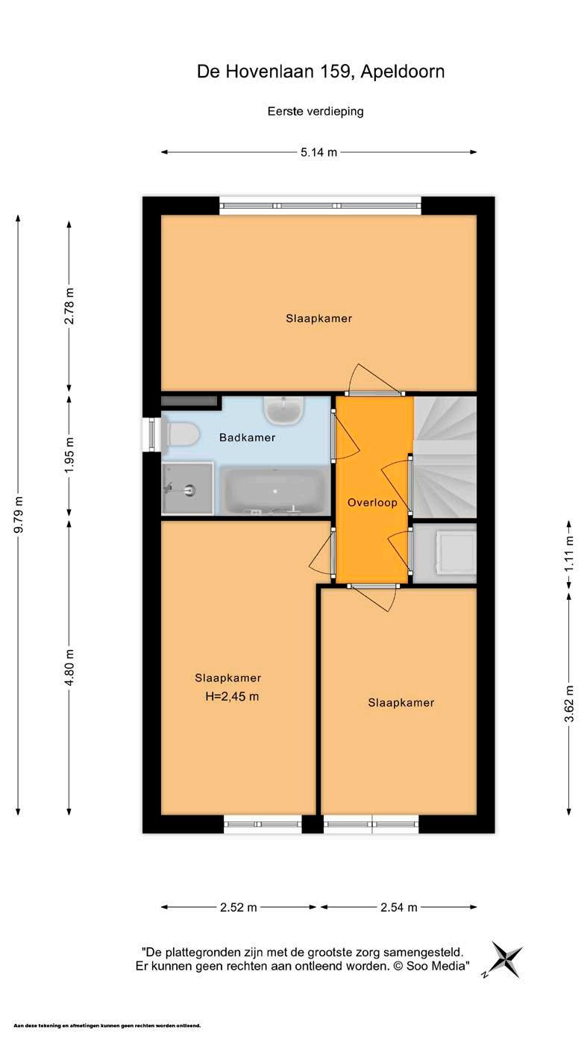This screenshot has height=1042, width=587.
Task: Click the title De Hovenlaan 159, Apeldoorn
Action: click(x=321, y=72)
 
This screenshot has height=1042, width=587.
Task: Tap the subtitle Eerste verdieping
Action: click(x=316, y=112)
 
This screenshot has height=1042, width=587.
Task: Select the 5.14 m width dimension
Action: click(x=319, y=152)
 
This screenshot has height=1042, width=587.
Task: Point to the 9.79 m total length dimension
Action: click(x=18, y=515)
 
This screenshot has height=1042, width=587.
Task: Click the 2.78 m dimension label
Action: click(x=69, y=306)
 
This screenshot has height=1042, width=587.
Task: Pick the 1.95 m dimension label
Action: click(x=69, y=455)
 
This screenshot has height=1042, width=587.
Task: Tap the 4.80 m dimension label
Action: click(x=69, y=667)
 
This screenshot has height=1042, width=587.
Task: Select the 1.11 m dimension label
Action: click(x=569, y=555)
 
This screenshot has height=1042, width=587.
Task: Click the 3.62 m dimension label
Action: click(x=569, y=704)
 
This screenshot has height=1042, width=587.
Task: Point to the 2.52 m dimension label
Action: click(x=239, y=907)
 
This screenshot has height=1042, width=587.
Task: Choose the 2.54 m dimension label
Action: click(x=399, y=907)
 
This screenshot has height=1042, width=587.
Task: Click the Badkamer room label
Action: click(x=247, y=438)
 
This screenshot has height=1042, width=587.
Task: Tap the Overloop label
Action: click(x=372, y=502)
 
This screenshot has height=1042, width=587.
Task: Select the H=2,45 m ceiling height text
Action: click(x=232, y=696)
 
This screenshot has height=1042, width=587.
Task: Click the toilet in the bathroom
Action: click(x=181, y=435)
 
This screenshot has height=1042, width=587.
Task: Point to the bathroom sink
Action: click(x=284, y=410)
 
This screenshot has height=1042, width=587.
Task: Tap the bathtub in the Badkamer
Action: click(x=275, y=491)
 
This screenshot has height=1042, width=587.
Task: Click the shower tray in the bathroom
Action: click(x=187, y=489)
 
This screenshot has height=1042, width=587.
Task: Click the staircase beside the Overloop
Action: click(x=445, y=457)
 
